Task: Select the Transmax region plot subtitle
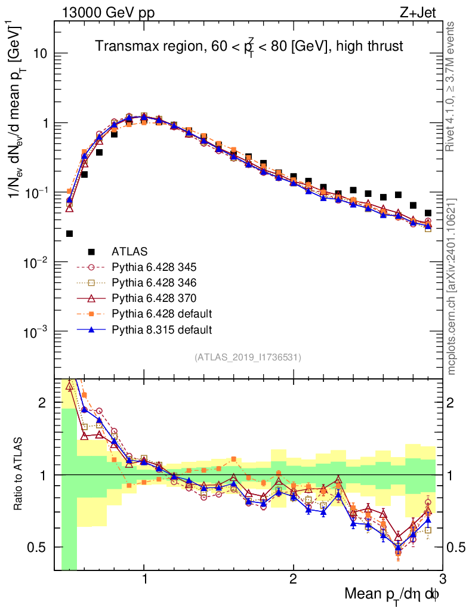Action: (x=249, y=47)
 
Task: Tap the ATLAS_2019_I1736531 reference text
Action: (x=248, y=357)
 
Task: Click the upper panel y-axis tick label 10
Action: (x=40, y=54)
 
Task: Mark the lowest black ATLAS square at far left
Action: (x=69, y=233)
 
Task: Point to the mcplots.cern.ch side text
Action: (x=451, y=286)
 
